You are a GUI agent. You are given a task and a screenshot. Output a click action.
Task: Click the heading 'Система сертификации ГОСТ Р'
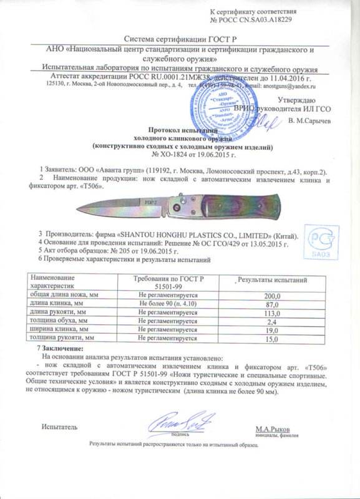tap(177, 39)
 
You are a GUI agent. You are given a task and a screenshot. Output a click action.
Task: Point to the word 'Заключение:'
tap(63, 347)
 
